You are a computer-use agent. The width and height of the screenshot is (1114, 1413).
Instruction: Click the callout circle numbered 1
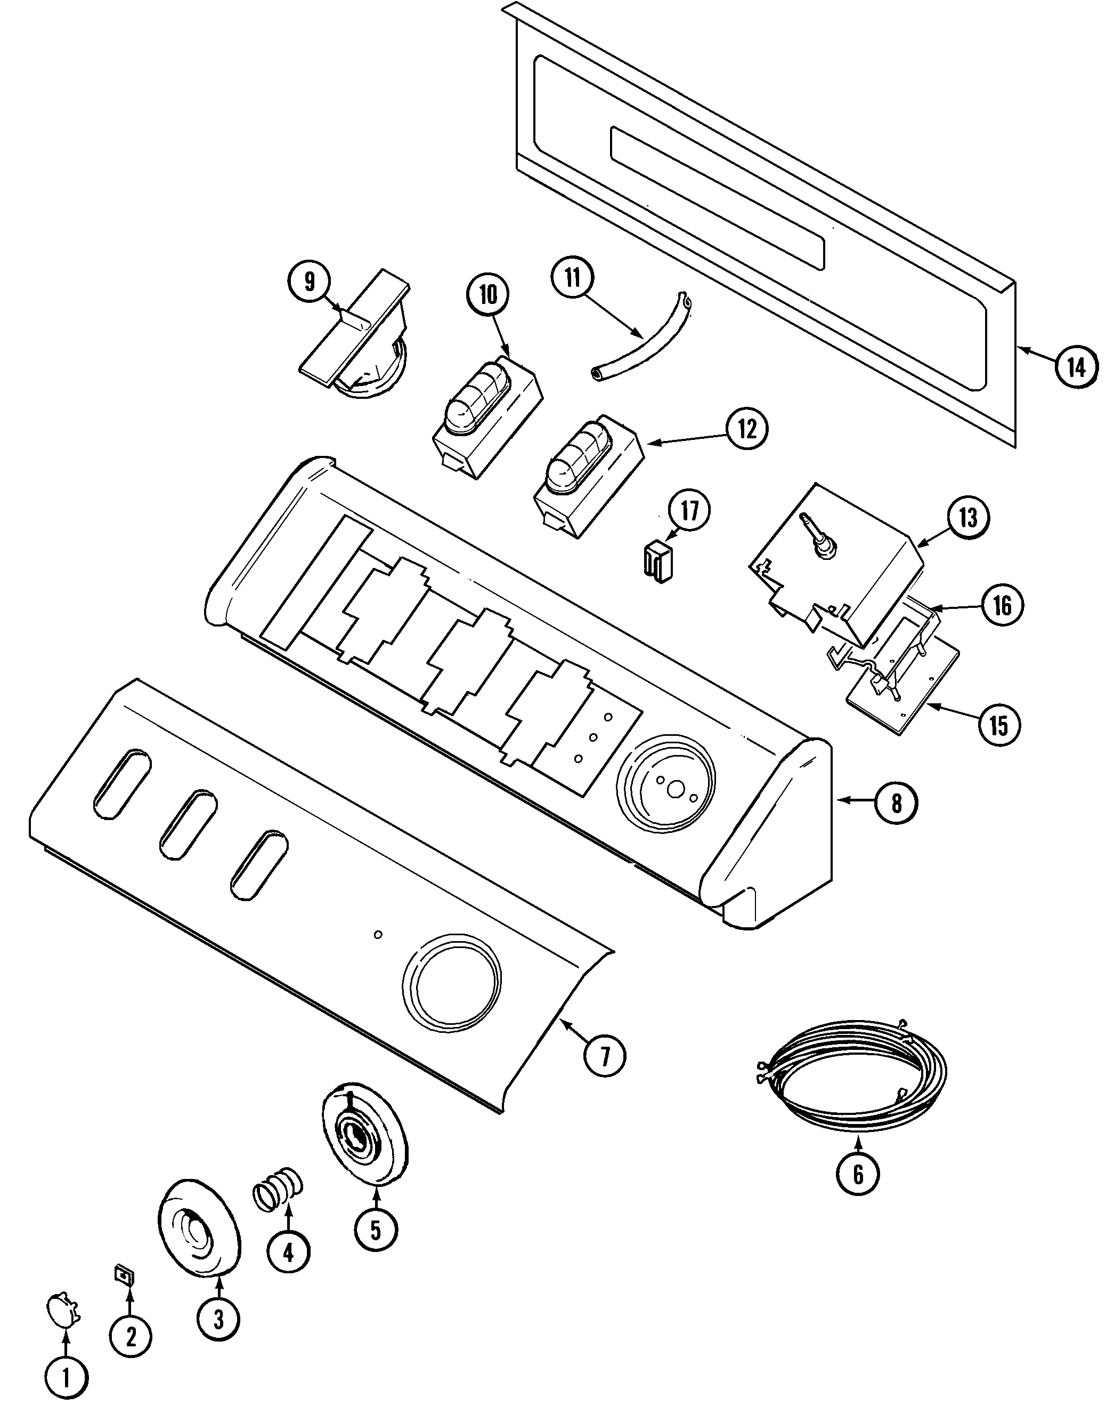point(66,1376)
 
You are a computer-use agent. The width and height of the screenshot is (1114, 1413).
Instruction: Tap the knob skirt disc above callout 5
point(365,1133)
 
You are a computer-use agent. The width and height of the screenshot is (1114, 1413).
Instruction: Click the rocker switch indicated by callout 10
point(486,418)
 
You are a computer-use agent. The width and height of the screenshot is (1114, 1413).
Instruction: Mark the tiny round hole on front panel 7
point(378,935)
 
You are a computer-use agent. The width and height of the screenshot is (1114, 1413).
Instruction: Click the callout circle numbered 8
point(896,804)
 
